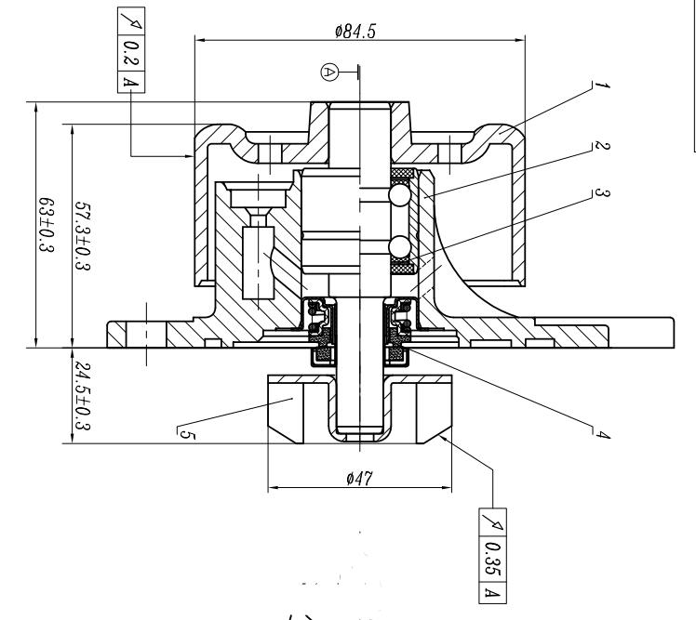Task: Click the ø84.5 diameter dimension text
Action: coord(355,31)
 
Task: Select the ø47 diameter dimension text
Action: coord(359,479)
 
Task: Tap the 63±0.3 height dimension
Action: coord(47,225)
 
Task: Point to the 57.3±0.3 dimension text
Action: coord(83,236)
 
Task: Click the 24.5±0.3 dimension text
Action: coord(83,396)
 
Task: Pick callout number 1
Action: coord(601,85)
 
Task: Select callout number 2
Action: coord(602,146)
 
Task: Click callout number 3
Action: coord(602,193)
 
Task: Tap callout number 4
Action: coord(602,435)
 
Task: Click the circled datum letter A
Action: coord(328,72)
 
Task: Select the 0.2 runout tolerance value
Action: coord(130,53)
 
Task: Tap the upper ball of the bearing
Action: coord(400,195)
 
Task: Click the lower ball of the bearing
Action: coord(400,246)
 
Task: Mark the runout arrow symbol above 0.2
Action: coord(131,20)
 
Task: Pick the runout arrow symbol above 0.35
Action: coord(492,522)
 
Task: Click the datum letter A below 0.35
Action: coord(492,592)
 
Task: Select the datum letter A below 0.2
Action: coord(131,82)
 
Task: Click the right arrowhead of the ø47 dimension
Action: coord(447,488)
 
